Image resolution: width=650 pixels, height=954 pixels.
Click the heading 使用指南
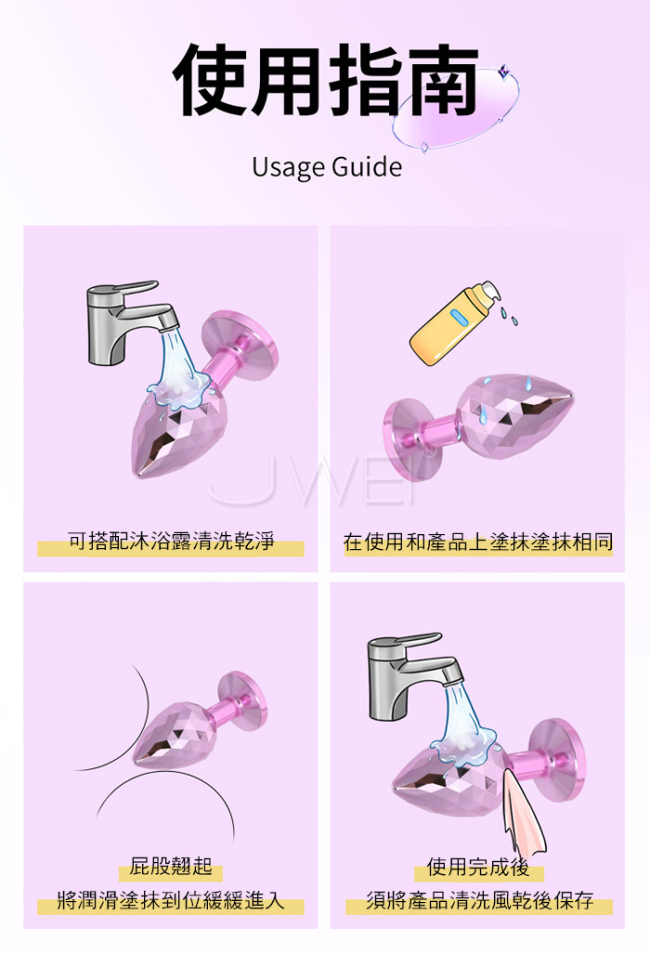325,80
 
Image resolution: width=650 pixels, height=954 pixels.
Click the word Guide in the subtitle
367,166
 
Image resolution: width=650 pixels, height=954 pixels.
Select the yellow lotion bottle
454,323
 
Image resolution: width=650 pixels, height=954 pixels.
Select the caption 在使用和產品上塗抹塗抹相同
478,542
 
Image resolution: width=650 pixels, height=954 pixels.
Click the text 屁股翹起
171,865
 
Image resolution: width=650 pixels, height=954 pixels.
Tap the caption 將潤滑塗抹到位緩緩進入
171,899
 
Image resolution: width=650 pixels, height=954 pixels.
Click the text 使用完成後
478,867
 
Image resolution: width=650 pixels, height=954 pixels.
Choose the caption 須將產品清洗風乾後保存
479,900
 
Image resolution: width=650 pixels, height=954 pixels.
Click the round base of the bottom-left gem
242,701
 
